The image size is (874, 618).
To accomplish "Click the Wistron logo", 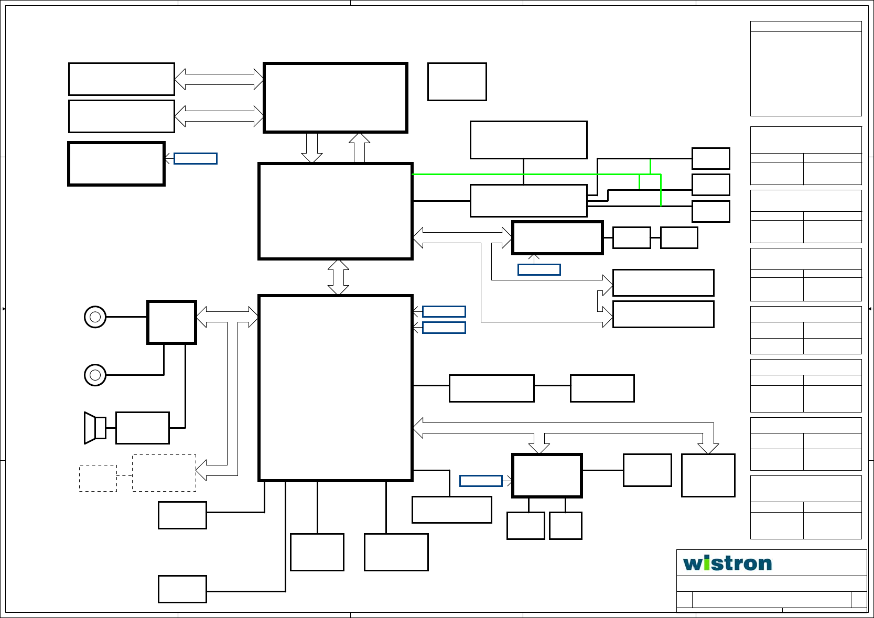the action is point(727,563).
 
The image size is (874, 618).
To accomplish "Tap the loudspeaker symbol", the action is point(95,428).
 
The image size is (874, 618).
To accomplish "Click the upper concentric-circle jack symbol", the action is point(95,317).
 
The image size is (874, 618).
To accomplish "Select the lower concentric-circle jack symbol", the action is point(95,375).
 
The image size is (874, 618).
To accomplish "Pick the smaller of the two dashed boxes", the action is point(98,478).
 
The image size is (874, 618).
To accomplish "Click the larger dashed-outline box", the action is point(164,473).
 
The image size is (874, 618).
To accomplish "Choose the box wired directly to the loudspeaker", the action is point(143,428).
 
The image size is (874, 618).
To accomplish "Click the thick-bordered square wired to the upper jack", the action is point(171,322).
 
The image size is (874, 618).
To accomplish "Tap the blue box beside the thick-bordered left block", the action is point(195,158).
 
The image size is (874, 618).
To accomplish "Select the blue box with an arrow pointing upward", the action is point(539,269).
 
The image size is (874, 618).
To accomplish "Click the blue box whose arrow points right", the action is point(481,481).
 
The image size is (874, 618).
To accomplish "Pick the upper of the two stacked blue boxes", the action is point(444,311).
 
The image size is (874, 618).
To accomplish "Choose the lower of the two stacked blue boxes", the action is point(444,328).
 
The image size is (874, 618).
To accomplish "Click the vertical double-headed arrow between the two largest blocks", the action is point(338,277).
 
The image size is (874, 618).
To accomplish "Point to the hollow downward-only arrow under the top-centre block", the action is point(311,148).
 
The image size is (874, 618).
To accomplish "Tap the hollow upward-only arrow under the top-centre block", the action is point(359,148).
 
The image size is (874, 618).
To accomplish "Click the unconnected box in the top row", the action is point(457,82).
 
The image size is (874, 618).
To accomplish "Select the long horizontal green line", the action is point(524,174).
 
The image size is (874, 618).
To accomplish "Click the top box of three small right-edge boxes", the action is point(710,158).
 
